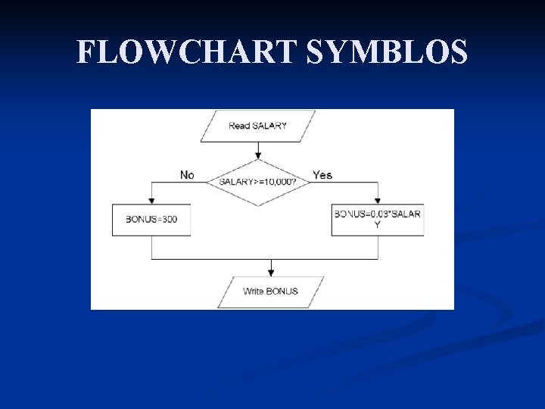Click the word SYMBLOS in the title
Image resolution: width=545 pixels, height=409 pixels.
[386, 52]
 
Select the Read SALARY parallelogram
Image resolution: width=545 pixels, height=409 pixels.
[258, 126]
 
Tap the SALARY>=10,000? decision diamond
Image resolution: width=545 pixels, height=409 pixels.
[258, 182]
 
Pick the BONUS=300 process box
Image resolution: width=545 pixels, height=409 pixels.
[151, 220]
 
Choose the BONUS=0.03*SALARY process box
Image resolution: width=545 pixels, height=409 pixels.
[378, 220]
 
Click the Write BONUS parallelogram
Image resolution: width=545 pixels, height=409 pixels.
[271, 292]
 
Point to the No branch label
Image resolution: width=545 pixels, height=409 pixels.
[187, 175]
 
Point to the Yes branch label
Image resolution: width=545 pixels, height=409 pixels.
[322, 175]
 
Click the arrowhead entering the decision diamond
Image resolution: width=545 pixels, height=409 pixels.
[258, 155]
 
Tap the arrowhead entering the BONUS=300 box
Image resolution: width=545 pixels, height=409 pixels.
[151, 201]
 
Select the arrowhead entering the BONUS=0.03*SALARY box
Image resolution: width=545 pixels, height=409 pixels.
[378, 201]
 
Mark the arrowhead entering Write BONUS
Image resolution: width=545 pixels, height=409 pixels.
[271, 273]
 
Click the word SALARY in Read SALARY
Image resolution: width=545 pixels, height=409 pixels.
[269, 126]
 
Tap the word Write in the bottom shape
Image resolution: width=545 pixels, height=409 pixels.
[254, 292]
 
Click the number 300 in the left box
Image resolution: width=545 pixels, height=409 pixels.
[170, 220]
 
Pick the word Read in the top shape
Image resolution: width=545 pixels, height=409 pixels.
[239, 126]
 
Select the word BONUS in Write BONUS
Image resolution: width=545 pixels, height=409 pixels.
[282, 292]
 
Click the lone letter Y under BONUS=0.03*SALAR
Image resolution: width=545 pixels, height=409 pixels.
[378, 224]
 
